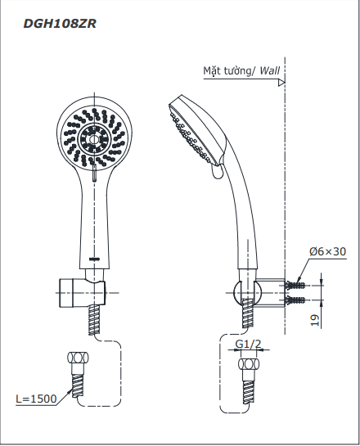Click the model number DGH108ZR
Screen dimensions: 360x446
(x=60, y=24)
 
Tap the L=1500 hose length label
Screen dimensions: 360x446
(x=36, y=399)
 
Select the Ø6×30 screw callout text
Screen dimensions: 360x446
(x=327, y=251)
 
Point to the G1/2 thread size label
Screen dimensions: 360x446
(x=248, y=345)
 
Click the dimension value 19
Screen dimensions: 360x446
(x=315, y=320)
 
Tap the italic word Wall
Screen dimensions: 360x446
(x=269, y=70)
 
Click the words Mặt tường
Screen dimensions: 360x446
(x=227, y=71)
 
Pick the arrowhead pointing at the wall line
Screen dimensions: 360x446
(x=281, y=83)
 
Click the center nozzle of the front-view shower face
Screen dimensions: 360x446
(x=93, y=139)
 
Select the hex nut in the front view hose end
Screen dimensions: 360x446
(x=78, y=357)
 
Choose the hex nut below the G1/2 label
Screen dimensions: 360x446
(x=249, y=364)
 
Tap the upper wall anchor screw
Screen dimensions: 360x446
(x=295, y=285)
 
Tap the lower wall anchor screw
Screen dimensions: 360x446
(x=295, y=300)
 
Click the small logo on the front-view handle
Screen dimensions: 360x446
(x=94, y=259)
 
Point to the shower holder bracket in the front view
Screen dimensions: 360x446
(x=82, y=293)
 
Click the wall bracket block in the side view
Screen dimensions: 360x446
(x=270, y=292)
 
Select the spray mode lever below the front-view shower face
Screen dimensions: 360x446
(x=94, y=174)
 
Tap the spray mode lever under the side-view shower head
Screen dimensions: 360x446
(x=218, y=172)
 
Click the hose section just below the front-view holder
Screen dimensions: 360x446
(x=95, y=320)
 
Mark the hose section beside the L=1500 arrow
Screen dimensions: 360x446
(x=78, y=386)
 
